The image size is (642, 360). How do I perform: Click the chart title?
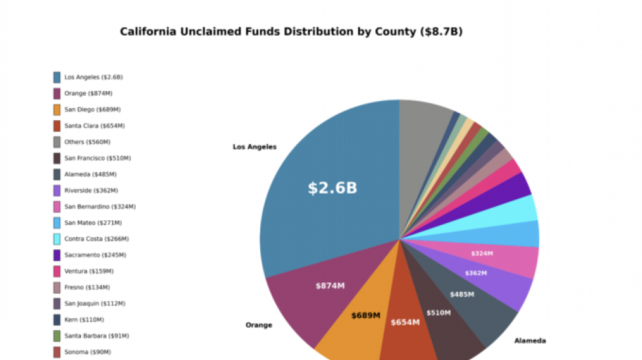291,32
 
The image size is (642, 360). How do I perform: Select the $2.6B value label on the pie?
332,188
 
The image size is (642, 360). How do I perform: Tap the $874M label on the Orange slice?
330,286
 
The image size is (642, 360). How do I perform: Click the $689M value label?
366,315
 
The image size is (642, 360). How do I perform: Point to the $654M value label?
405,322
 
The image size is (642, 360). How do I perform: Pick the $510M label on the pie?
439,313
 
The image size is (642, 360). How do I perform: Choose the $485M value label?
462,294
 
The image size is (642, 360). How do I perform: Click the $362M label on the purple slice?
476,274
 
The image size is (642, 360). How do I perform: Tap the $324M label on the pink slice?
481,254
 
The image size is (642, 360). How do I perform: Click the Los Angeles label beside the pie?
254,147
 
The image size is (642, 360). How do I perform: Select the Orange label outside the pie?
259,325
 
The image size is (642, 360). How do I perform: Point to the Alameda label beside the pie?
530,340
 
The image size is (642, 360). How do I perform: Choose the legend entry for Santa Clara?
94,126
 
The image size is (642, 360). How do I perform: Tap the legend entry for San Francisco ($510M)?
97,158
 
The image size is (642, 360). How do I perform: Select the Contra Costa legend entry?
96,239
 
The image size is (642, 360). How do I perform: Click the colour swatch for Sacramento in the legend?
57,255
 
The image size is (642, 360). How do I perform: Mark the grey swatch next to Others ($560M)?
57,142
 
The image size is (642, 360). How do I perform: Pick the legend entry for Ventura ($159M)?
89,272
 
